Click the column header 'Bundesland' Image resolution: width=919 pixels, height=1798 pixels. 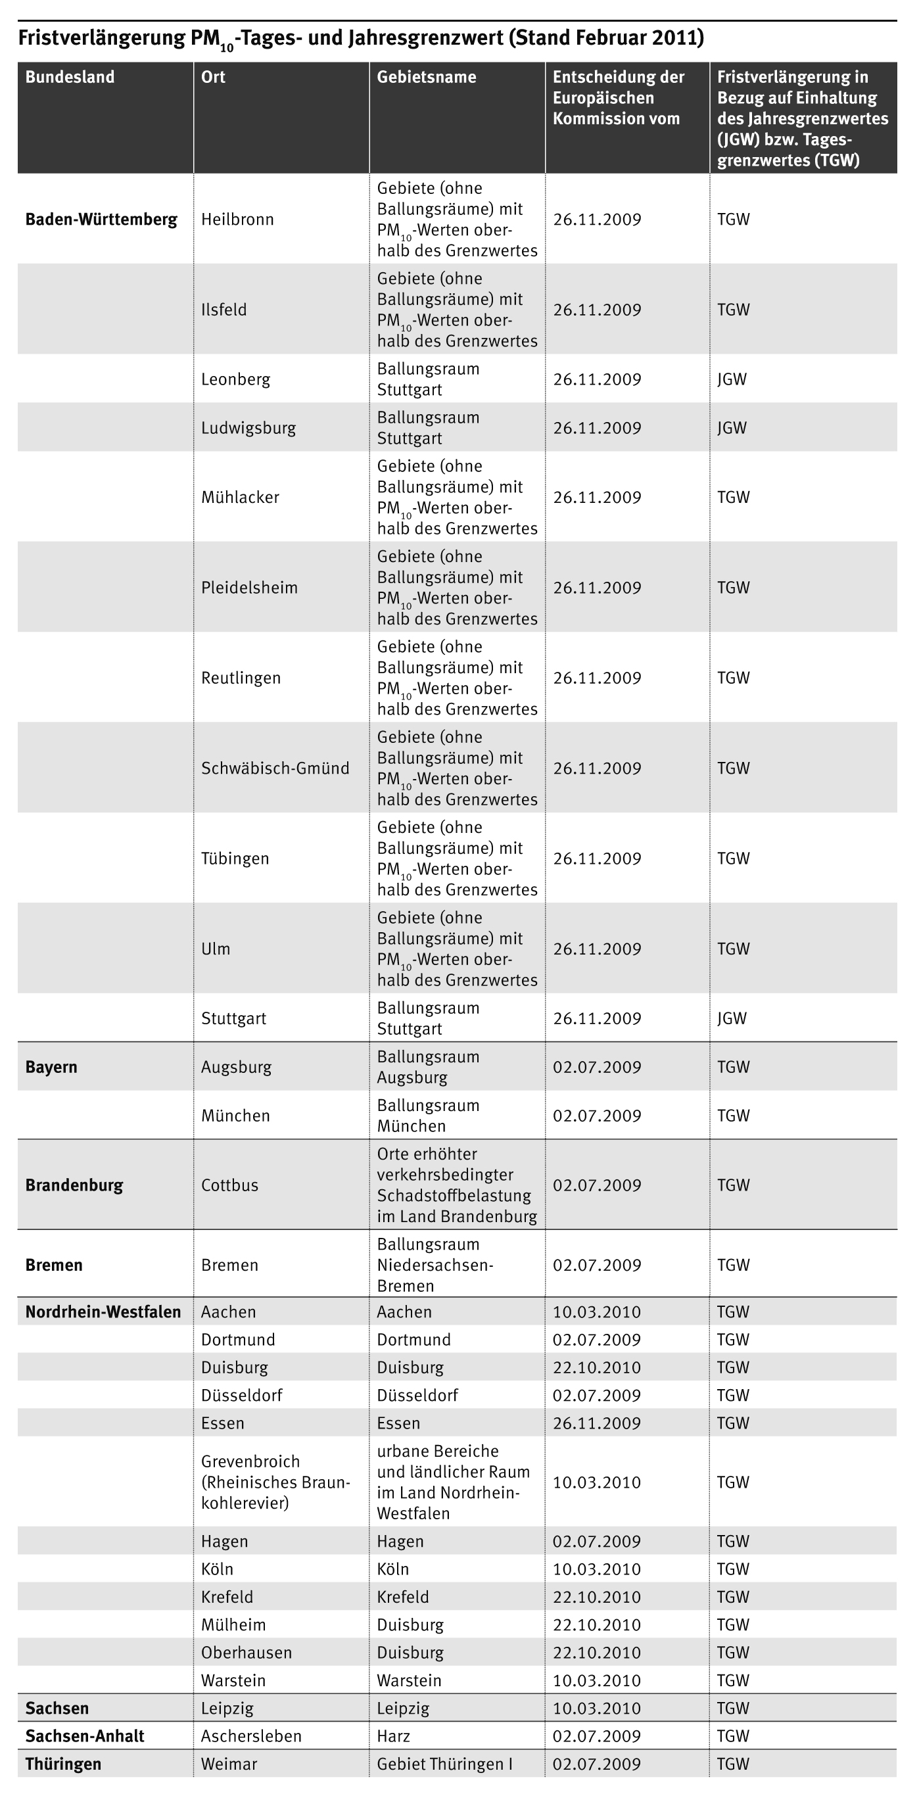(x=70, y=77)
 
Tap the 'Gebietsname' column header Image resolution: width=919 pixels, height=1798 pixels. (x=427, y=77)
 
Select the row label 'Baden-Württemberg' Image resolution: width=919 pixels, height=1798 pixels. (x=101, y=219)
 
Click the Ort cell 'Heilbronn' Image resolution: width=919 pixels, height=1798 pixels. (x=237, y=219)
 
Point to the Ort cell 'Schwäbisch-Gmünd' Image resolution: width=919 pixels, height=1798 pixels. (x=275, y=768)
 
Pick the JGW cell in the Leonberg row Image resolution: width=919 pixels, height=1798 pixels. (x=732, y=379)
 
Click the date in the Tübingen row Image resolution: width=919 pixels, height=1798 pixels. (x=597, y=859)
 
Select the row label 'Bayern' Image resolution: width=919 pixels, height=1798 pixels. (x=51, y=1066)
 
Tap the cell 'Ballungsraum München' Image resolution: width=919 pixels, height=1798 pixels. (x=428, y=1116)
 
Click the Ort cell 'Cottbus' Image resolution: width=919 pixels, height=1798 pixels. (x=229, y=1185)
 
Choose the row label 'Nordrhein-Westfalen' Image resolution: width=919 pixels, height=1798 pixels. (x=103, y=1312)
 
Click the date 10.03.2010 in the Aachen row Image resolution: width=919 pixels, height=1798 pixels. (x=597, y=1312)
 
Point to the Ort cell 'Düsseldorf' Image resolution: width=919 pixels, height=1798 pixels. (x=241, y=1395)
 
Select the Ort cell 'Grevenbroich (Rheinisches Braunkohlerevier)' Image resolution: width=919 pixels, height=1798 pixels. (x=275, y=1482)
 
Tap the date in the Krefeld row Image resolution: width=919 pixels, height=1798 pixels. (x=597, y=1597)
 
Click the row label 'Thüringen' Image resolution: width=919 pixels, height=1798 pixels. (x=63, y=1764)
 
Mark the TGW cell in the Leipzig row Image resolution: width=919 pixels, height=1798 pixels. (x=733, y=1708)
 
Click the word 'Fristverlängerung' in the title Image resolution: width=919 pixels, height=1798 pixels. (x=102, y=37)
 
